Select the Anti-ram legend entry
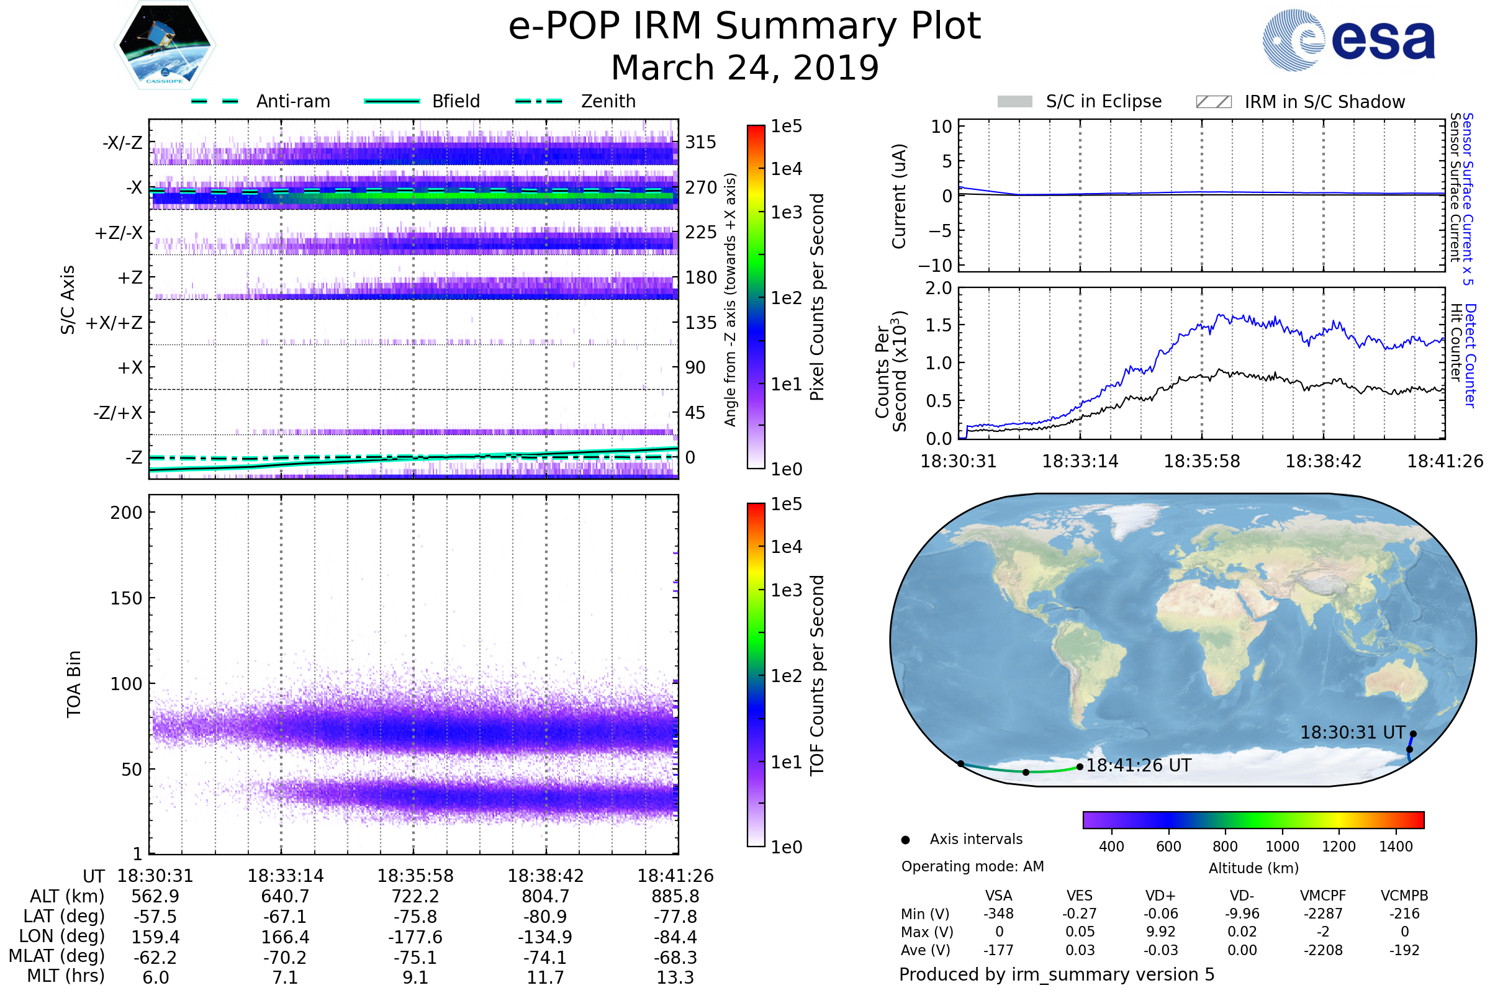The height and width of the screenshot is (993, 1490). (292, 101)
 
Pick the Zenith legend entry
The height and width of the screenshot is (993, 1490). (608, 101)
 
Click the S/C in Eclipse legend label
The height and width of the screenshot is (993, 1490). (1104, 101)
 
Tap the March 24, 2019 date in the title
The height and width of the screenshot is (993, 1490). (745, 68)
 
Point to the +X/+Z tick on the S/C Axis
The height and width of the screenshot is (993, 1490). (114, 323)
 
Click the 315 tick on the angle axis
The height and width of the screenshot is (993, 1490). (700, 142)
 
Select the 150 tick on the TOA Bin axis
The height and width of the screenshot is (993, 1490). (126, 598)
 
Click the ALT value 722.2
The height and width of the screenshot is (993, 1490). (415, 897)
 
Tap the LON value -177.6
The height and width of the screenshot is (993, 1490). (415, 937)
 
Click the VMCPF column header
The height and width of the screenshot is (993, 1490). (1323, 896)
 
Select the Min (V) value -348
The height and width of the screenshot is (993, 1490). (998, 914)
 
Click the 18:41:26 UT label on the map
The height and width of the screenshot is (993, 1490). (1139, 766)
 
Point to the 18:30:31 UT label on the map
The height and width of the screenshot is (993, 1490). (1353, 733)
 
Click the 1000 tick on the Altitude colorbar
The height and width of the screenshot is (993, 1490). (1282, 847)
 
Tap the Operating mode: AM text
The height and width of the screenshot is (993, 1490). (972, 866)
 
